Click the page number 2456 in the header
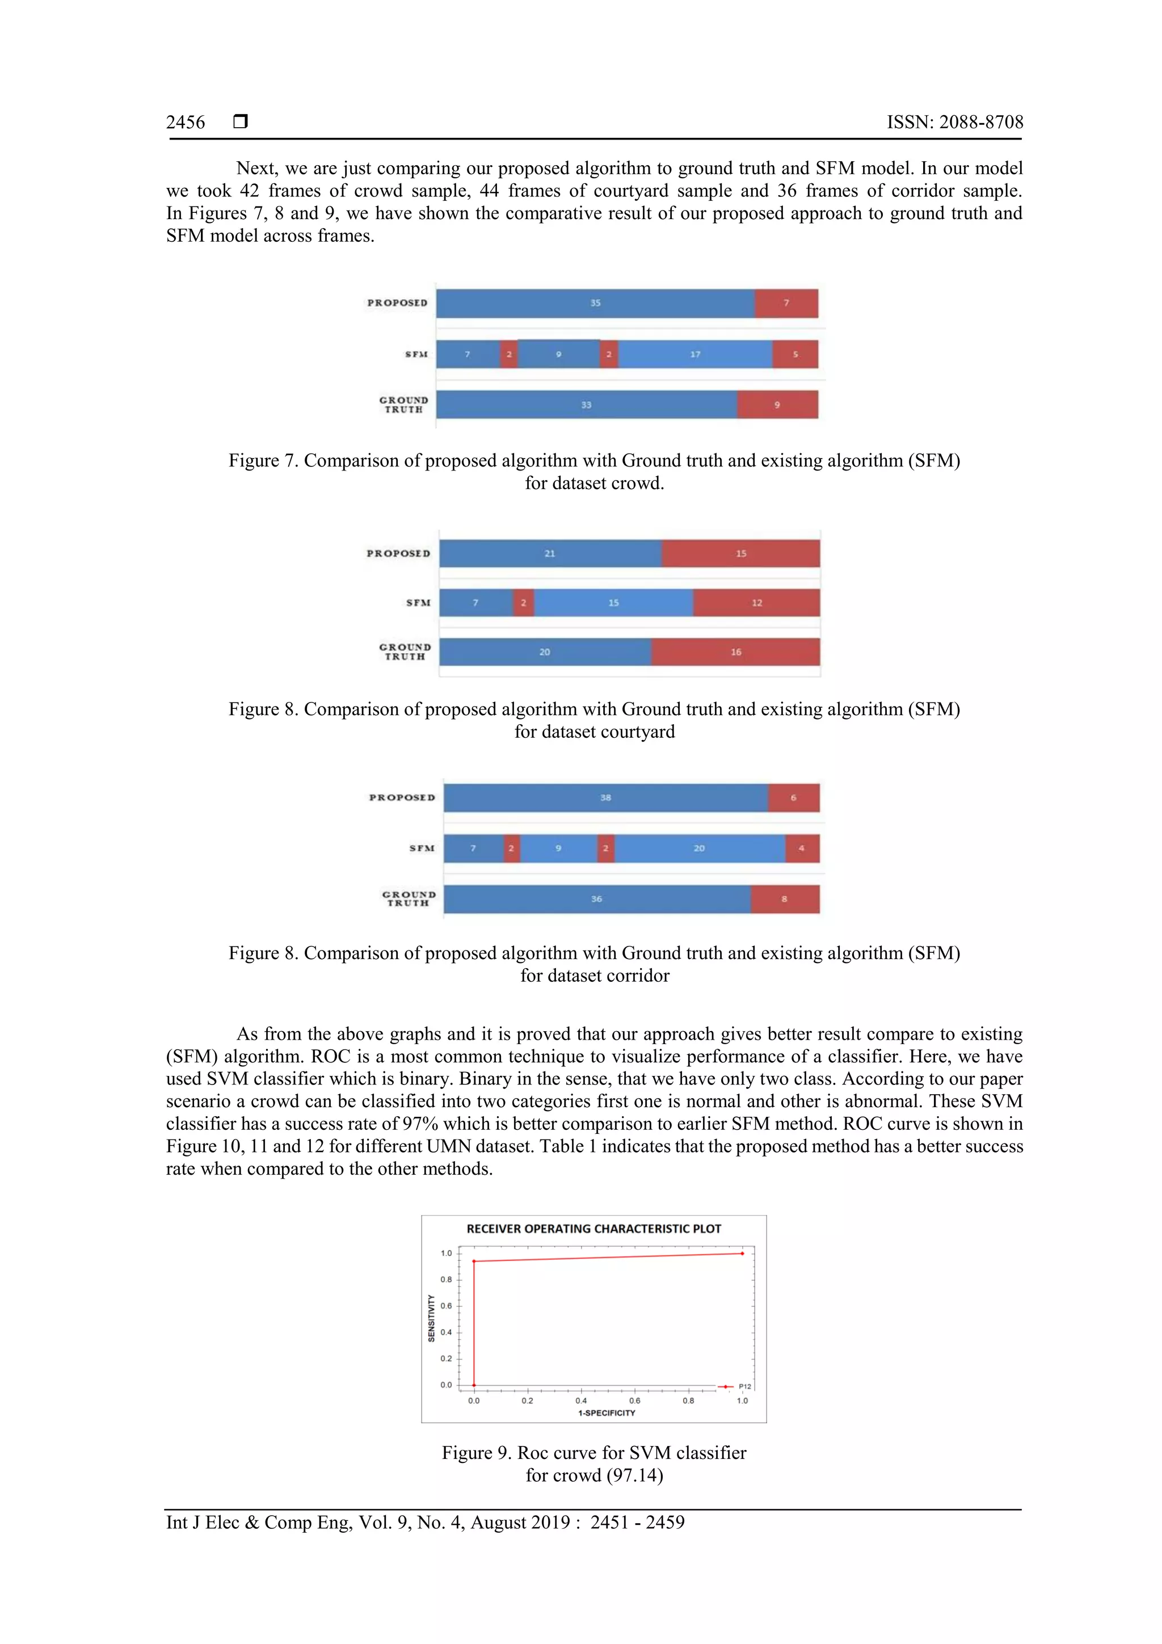[186, 123]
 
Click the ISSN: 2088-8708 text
[954, 123]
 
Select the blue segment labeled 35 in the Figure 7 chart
[595, 304]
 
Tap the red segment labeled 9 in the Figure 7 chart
[777, 405]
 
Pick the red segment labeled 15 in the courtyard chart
[740, 553]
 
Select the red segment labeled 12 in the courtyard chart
[756, 603]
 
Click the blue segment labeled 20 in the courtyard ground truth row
[545, 652]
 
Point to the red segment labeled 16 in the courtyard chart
[735, 652]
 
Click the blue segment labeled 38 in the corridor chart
[605, 798]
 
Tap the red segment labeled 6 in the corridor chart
[793, 798]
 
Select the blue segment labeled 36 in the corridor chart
[596, 899]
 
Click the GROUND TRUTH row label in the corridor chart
[408, 899]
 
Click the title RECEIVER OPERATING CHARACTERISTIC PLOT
[593, 1229]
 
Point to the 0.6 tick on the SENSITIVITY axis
[446, 1306]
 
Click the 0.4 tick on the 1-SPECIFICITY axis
[580, 1401]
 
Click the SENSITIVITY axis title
[431, 1318]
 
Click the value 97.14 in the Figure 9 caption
[634, 1475]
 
